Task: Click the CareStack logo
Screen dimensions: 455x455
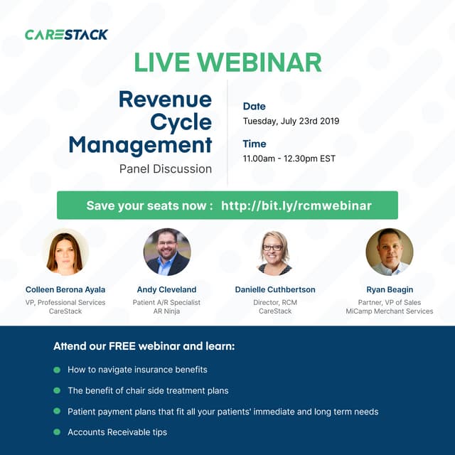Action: (66, 34)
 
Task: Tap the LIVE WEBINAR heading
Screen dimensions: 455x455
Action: (227, 63)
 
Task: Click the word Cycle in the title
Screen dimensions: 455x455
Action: (181, 122)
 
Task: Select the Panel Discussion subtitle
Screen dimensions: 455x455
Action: (166, 168)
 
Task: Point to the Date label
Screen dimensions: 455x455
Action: (254, 107)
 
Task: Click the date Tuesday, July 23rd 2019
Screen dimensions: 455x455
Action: (291, 121)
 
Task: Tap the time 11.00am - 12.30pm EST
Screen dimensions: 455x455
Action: (289, 159)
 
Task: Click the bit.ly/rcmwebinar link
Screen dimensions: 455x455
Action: (296, 205)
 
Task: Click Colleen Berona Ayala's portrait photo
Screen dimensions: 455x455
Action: (65, 252)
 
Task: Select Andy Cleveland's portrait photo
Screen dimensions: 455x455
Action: (167, 252)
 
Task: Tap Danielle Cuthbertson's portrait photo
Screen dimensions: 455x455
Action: (275, 252)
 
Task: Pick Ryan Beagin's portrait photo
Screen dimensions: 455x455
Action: (390, 252)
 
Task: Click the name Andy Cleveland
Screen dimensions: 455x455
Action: (167, 290)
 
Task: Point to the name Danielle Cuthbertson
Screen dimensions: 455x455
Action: (275, 290)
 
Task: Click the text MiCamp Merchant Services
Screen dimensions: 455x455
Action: (390, 311)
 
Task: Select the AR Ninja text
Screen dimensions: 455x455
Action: (167, 311)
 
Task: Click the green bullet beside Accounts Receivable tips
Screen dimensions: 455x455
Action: (57, 432)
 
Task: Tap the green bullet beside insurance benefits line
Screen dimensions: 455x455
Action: (57, 370)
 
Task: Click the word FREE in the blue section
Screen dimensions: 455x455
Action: (122, 347)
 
